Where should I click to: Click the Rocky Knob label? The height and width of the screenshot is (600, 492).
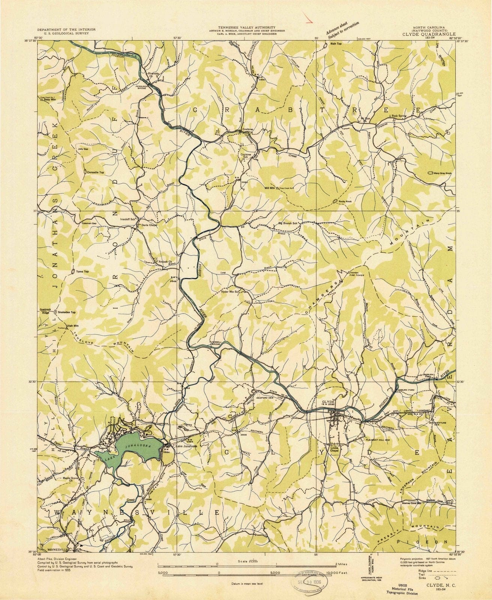point(346,202)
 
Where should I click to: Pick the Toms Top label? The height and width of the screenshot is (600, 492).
point(82,271)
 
